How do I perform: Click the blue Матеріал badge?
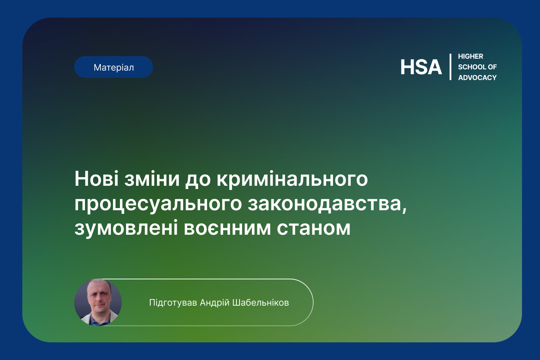click(x=113, y=67)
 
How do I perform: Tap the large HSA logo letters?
click(x=421, y=67)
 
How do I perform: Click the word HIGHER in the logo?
click(x=471, y=57)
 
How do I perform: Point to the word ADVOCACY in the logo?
click(x=477, y=78)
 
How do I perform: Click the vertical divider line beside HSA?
click(x=450, y=67)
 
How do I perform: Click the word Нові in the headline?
click(x=96, y=179)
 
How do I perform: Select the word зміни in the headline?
click(x=152, y=179)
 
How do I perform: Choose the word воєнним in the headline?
click(x=227, y=229)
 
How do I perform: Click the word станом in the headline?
click(x=314, y=229)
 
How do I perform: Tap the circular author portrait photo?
click(x=98, y=302)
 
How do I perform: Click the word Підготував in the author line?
click(x=173, y=303)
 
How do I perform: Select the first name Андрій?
click(x=215, y=303)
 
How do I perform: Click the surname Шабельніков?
click(x=261, y=302)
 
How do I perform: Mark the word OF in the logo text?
click(x=492, y=67)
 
